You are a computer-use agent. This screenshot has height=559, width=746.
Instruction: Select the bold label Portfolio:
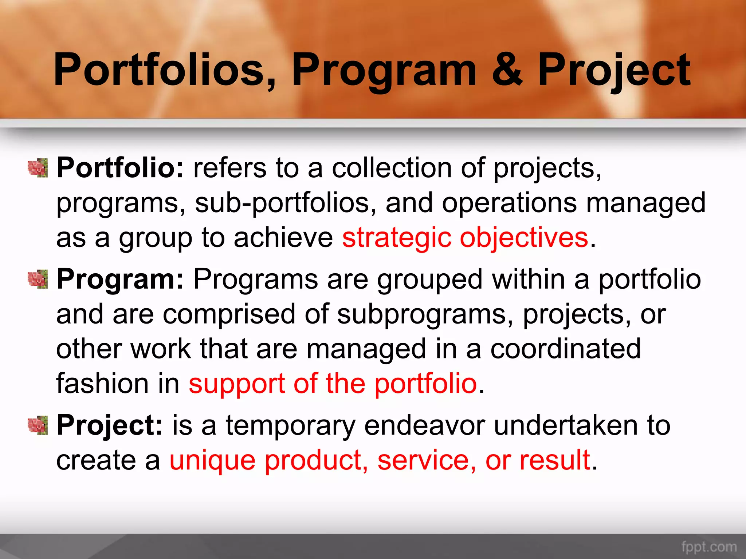coord(120,168)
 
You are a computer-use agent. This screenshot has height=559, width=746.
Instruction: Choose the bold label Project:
coord(109,426)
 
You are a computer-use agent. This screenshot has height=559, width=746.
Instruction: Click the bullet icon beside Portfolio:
coord(38,168)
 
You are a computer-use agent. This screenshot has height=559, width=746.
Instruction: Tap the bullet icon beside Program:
coord(38,279)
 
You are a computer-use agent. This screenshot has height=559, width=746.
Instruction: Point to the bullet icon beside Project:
coord(38,425)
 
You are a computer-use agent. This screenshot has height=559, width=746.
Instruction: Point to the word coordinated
coord(565,349)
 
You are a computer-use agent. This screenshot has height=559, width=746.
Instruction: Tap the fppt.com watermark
coord(709,547)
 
